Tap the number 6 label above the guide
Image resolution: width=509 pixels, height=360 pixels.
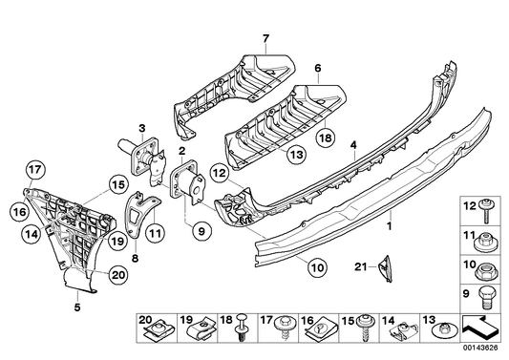coord(318,70)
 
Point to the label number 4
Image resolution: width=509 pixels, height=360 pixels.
coord(353,145)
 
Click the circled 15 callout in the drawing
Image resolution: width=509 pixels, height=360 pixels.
coord(117,185)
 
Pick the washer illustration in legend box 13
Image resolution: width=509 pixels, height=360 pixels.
coord(445,332)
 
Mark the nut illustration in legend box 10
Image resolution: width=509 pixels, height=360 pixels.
coord(486,268)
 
